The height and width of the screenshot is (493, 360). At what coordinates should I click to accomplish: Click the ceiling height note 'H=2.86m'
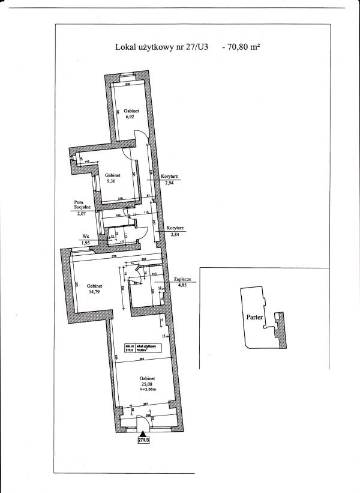point(147,391)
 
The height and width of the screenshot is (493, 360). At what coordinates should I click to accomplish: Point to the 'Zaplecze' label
point(182,280)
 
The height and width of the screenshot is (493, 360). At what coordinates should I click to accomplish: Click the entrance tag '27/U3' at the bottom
point(143,440)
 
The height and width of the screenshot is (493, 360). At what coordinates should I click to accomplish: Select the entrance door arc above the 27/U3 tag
point(143,426)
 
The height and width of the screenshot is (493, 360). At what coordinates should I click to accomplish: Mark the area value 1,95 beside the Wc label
point(85,243)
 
